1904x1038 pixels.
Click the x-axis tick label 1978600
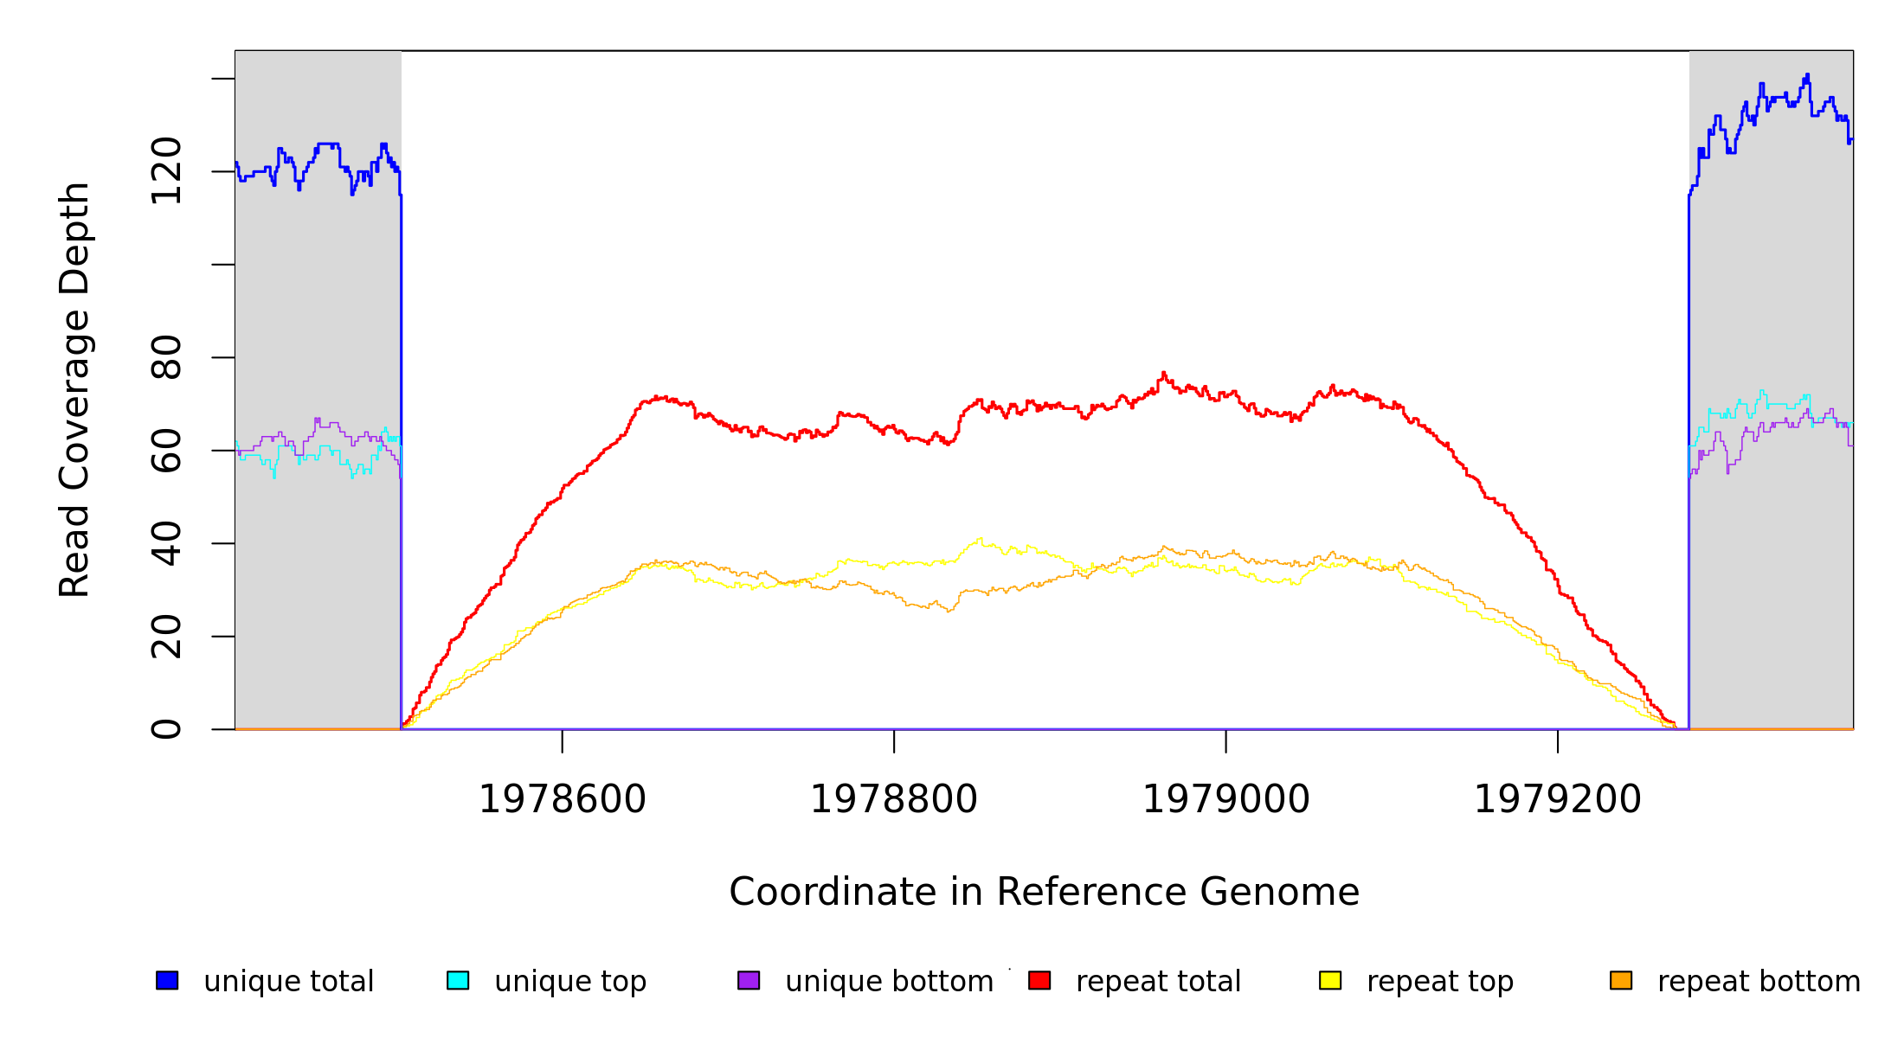click(563, 800)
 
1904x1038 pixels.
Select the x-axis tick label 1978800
click(894, 800)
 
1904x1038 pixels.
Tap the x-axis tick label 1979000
click(1226, 800)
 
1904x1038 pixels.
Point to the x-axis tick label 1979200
click(1558, 800)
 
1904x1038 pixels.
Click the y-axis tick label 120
click(166, 171)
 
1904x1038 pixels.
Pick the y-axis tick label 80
click(166, 357)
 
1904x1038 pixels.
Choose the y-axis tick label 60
click(166, 451)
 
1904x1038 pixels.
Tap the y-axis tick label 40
click(166, 543)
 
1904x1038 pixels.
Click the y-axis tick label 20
click(166, 637)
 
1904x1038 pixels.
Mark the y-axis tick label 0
click(166, 729)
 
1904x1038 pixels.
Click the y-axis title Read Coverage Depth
click(74, 389)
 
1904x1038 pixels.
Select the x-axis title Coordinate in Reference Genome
click(1044, 893)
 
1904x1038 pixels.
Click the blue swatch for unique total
click(167, 981)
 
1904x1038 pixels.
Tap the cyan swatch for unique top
click(458, 981)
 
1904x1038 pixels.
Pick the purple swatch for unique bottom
click(749, 981)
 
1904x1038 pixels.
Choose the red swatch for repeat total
click(1039, 981)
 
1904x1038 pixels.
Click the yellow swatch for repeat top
click(1330, 981)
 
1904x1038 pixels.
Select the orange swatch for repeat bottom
click(1621, 981)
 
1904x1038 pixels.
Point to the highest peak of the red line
click(1163, 373)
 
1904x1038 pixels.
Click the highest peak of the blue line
click(1807, 75)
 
